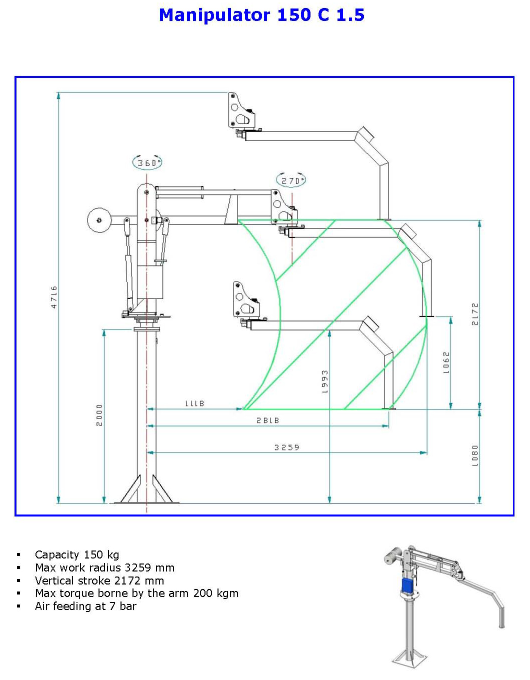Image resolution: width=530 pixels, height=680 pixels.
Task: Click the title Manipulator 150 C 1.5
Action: [x=261, y=15]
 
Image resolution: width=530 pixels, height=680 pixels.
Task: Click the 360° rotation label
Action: [x=147, y=162]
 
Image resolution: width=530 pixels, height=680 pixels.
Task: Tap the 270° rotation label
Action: [x=291, y=180]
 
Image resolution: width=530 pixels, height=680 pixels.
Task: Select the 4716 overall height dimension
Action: [x=54, y=297]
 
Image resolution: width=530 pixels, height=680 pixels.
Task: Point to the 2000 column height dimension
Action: [x=99, y=415]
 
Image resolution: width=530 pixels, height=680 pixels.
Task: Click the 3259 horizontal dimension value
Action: [x=286, y=447]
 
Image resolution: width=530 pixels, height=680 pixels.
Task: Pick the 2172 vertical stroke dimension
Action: [x=475, y=314]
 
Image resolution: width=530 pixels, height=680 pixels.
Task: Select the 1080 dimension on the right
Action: [x=475, y=455]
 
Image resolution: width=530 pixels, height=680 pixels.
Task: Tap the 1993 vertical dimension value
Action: [x=324, y=381]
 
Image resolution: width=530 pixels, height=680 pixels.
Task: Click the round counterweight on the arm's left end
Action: [x=99, y=220]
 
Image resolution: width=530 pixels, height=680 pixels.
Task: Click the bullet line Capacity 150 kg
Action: [x=77, y=554]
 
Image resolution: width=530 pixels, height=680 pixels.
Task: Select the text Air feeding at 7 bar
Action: [x=85, y=606]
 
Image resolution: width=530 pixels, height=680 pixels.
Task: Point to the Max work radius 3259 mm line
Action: [x=104, y=567]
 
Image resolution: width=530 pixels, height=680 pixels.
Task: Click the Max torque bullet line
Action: [x=136, y=593]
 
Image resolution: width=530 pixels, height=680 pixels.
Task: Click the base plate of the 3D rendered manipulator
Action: [x=409, y=658]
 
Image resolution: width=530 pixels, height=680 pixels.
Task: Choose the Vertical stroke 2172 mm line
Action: [x=99, y=580]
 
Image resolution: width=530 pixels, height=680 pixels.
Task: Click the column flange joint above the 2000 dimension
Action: [x=146, y=328]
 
